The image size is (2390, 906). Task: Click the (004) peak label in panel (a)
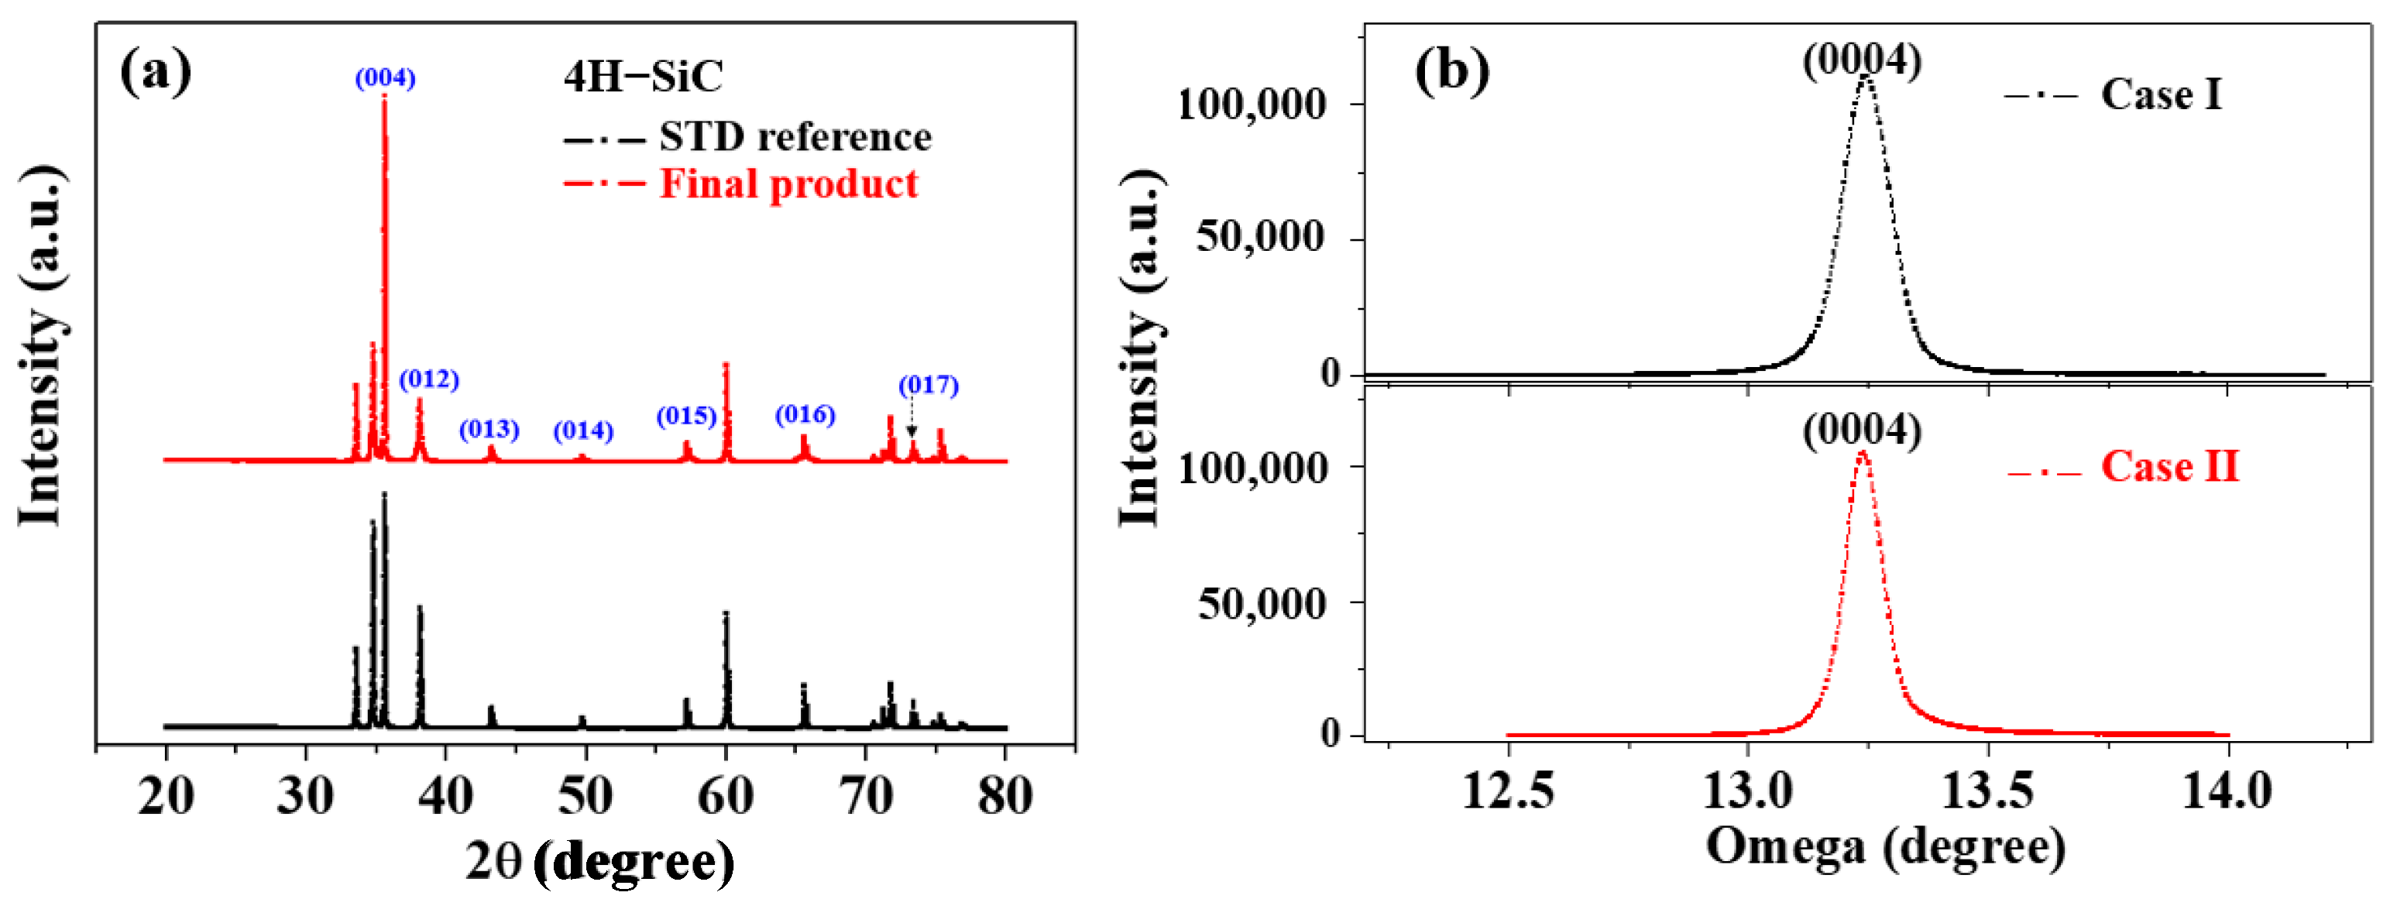point(385,78)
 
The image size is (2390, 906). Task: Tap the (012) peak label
point(428,379)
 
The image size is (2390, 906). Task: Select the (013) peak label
point(489,429)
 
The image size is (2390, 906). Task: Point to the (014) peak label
point(584,431)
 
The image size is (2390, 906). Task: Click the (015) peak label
point(687,417)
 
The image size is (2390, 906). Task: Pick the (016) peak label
point(805,414)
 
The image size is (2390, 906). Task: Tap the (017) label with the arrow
point(928,385)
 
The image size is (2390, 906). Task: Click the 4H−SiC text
point(643,76)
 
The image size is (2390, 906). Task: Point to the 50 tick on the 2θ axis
point(585,795)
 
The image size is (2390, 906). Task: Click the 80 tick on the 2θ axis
point(1004,795)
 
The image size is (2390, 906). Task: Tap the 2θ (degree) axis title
point(599,863)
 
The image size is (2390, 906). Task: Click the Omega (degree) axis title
point(1885,846)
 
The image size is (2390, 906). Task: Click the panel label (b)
point(1452,70)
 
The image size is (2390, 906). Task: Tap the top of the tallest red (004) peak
point(384,98)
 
